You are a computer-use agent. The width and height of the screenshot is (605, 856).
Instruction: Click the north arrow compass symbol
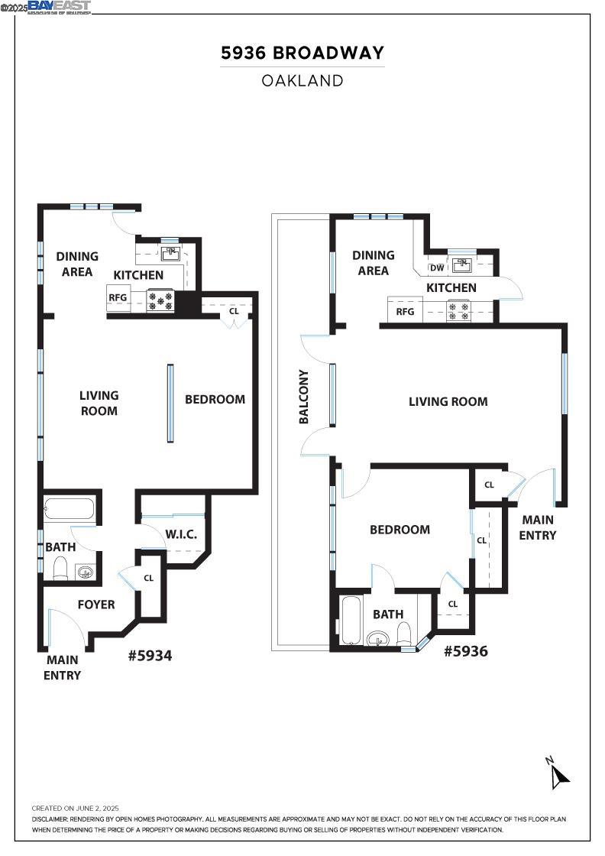coord(559,774)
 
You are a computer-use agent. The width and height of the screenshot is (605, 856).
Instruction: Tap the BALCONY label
coord(303,397)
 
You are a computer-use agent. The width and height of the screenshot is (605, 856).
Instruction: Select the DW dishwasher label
coord(437,267)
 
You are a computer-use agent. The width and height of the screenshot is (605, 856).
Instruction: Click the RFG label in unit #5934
coord(118,298)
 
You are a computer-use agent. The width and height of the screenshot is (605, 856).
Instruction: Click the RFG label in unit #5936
coord(405,311)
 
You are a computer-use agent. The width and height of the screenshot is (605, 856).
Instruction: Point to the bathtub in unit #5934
coord(69,509)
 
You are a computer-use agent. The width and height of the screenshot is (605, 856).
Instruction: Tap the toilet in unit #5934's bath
coord(61,568)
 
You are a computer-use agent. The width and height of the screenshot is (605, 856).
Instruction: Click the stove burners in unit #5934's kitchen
coord(161,300)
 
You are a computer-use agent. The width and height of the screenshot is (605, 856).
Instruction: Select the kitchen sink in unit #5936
coord(461,266)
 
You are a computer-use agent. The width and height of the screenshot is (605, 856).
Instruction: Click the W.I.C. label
coord(181,534)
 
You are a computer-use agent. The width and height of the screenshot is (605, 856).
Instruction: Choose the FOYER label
coord(96,605)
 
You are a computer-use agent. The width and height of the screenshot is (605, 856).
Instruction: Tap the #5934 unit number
coord(150,655)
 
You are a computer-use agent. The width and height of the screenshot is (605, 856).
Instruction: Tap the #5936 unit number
coord(465,650)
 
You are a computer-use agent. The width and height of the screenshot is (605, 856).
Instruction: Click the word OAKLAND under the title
coord(302,80)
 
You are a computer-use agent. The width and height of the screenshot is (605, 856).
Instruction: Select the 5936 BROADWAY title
coord(302,53)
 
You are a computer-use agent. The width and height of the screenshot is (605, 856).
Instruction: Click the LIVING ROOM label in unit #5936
coord(448,401)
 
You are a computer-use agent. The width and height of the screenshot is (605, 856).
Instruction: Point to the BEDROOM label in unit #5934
coord(215,399)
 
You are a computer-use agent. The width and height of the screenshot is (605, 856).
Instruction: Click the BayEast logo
coord(60,7)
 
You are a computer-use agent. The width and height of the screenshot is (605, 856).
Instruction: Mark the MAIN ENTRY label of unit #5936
coord(538,527)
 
